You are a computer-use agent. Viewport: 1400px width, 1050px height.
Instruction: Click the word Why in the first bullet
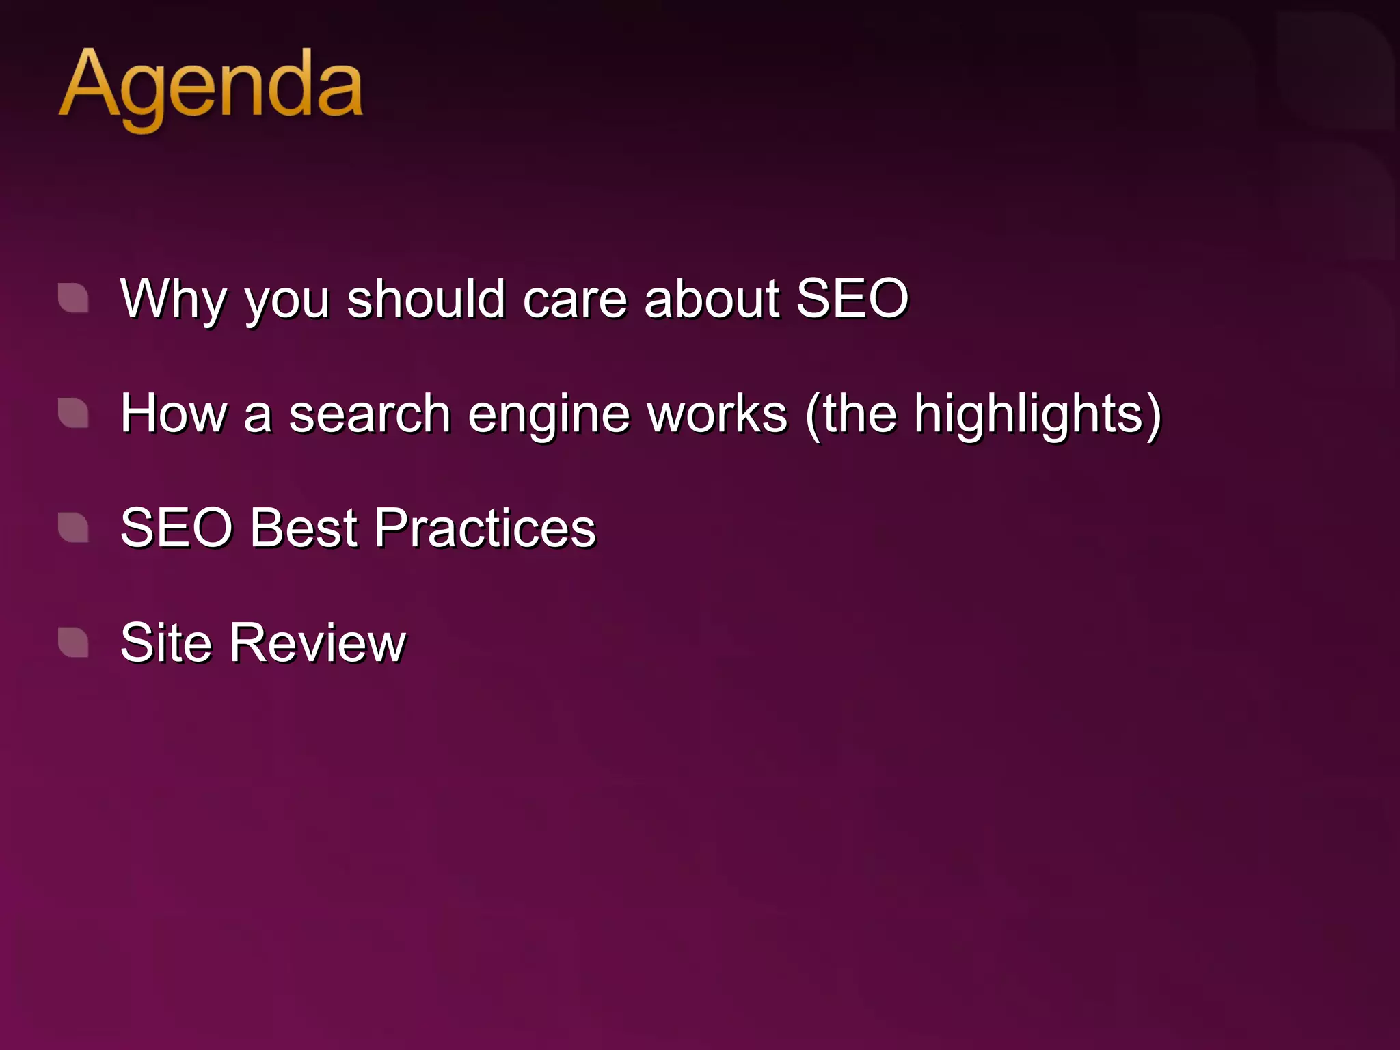click(x=172, y=299)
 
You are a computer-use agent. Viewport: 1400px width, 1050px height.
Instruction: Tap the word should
click(x=426, y=299)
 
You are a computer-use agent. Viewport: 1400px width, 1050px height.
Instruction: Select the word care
click(x=575, y=299)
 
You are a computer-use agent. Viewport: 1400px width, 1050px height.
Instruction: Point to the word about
click(x=711, y=299)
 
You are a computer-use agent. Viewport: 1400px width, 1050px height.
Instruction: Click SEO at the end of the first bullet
click(x=852, y=299)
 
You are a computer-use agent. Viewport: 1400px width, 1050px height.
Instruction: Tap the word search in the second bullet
click(x=369, y=414)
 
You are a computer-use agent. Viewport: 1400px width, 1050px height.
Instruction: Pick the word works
click(x=718, y=414)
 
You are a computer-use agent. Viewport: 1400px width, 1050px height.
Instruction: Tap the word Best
click(x=304, y=528)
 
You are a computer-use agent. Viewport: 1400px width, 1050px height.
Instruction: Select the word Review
click(x=318, y=643)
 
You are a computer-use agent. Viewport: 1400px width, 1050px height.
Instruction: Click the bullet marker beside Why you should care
click(x=73, y=298)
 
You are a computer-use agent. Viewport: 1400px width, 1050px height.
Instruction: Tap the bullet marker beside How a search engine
click(x=73, y=413)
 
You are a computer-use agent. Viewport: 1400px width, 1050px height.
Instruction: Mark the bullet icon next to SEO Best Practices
click(x=73, y=528)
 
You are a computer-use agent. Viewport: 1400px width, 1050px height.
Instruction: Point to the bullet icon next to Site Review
click(x=73, y=643)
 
